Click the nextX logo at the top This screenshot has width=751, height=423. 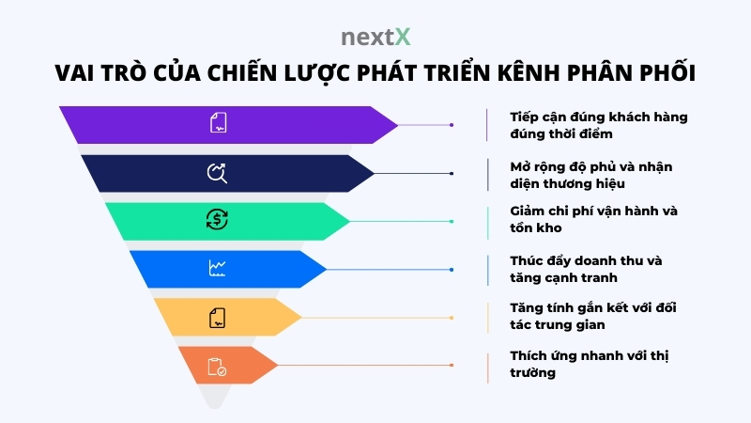(x=375, y=38)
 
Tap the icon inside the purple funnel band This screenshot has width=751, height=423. (x=217, y=123)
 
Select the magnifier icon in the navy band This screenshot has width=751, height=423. (x=217, y=172)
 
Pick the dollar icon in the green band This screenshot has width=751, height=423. (x=217, y=220)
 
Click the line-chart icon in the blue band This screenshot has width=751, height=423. (x=217, y=269)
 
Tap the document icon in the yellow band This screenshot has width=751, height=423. (x=217, y=318)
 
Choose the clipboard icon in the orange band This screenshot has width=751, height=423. (x=217, y=366)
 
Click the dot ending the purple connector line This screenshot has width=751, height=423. (x=452, y=124)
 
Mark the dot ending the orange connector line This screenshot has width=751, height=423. (x=452, y=366)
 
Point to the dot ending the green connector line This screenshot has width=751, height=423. (x=452, y=221)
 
